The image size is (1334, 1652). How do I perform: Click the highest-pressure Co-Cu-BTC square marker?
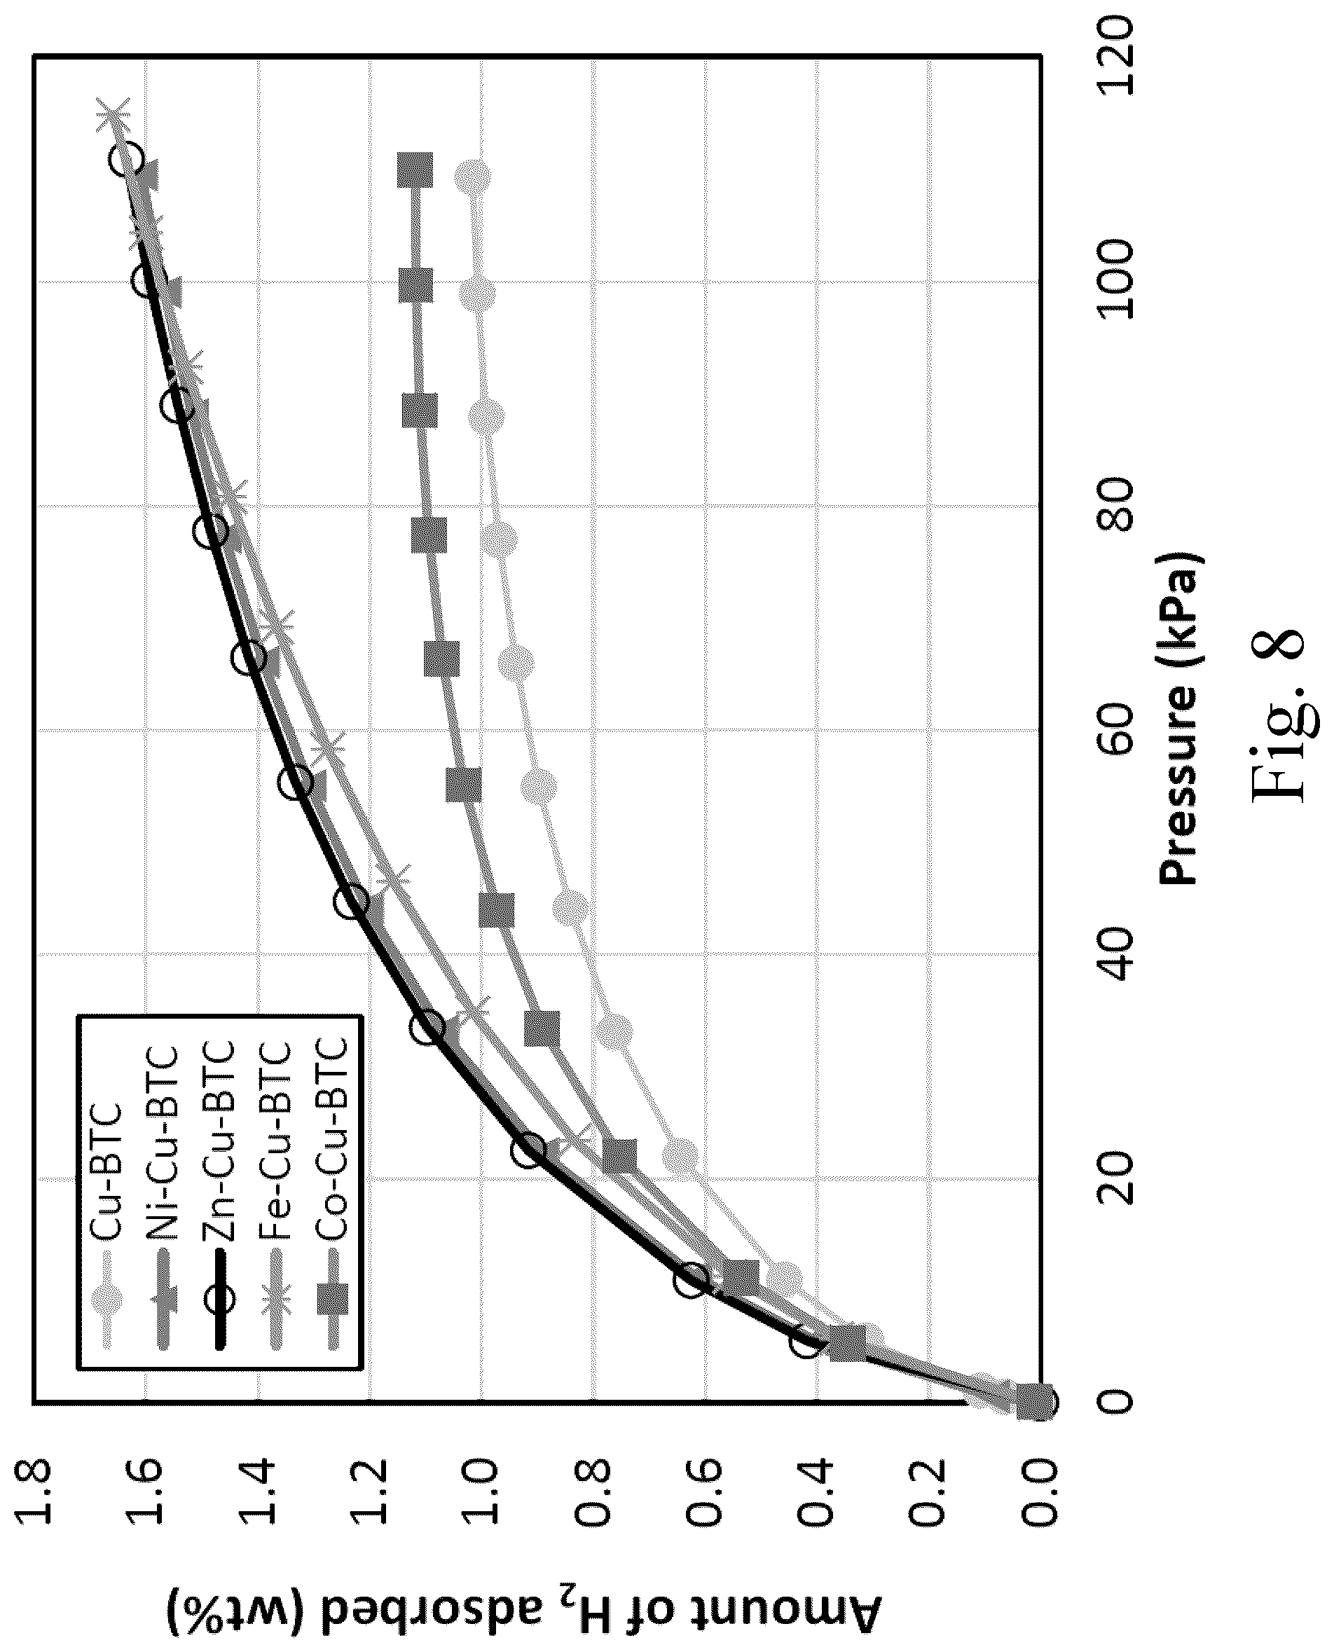415,170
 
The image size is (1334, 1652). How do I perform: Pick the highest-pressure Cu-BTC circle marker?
473,176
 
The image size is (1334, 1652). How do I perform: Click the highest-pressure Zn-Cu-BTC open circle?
126,160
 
